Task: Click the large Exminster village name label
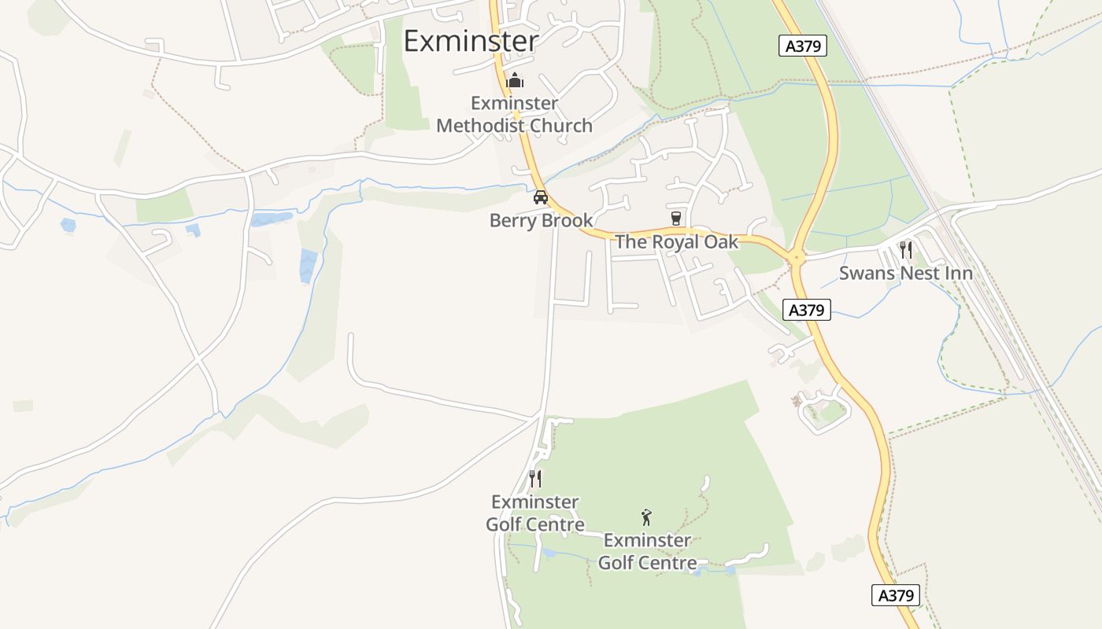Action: [471, 41]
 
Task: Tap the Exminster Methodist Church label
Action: [514, 114]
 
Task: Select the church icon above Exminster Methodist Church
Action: [515, 80]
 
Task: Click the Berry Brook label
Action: [541, 220]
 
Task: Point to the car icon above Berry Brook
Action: [540, 197]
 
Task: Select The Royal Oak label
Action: [676, 241]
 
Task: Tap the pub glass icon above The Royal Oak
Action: [675, 218]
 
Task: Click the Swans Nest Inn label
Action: [905, 274]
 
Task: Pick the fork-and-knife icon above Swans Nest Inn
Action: [905, 250]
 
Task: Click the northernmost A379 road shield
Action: [803, 46]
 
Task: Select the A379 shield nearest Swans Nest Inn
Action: [807, 310]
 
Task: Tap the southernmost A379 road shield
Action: [896, 595]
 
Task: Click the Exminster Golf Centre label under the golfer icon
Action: [647, 551]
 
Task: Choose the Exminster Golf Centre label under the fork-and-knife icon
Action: [534, 513]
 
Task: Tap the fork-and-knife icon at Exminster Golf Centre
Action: [534, 478]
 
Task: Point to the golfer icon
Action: [646, 517]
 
